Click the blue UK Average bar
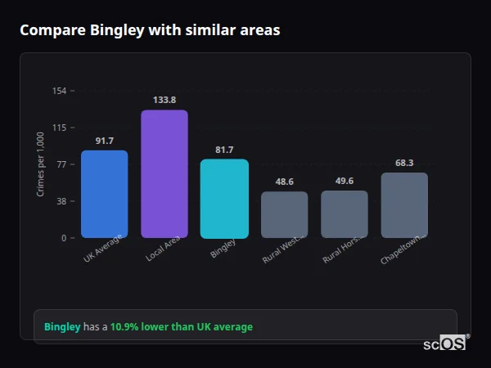click(104, 194)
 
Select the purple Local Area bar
click(164, 173)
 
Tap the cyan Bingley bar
click(224, 198)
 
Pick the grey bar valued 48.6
click(284, 214)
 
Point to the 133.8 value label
click(164, 100)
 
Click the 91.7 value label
click(104, 141)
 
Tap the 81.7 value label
click(224, 150)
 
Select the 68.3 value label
click(404, 163)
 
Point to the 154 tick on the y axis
click(60, 91)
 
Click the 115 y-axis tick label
click(60, 128)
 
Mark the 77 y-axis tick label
click(62, 164)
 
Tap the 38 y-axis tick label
click(62, 201)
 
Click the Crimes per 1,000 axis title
click(40, 164)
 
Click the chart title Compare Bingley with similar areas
click(150, 30)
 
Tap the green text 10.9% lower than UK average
click(182, 326)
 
